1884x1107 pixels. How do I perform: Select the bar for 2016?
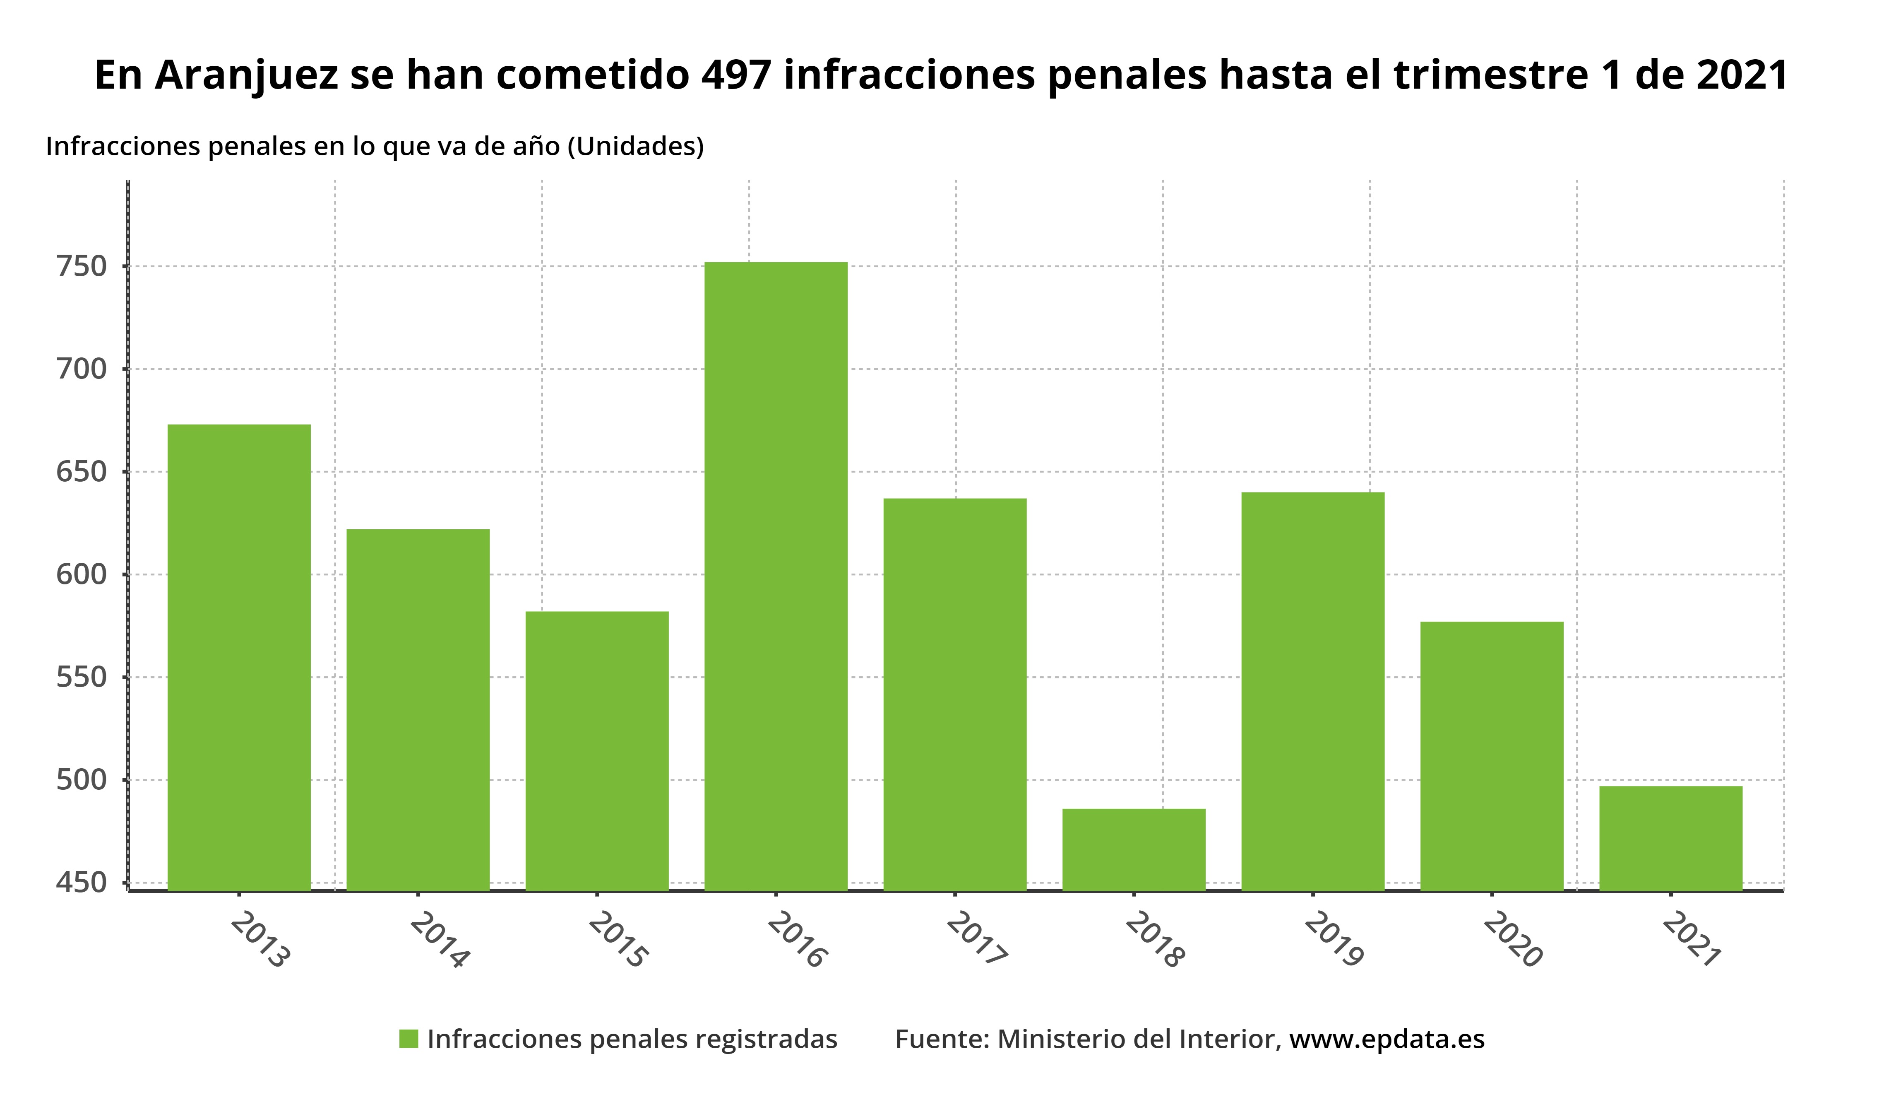point(776,576)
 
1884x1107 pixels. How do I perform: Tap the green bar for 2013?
point(239,658)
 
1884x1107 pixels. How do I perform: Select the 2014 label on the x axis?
point(440,939)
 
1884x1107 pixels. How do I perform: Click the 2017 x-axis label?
point(977,939)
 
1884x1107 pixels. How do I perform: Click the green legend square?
point(408,1039)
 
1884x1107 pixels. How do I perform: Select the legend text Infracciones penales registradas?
point(632,1039)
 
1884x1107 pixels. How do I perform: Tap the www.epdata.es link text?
point(1387,1039)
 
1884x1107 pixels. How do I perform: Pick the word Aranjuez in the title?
point(247,75)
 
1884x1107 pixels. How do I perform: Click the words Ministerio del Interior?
point(1137,1039)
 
